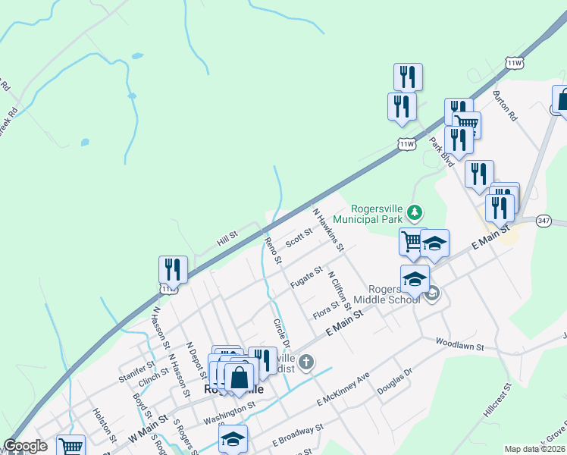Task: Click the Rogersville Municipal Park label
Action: tap(375, 214)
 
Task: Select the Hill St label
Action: tap(227, 239)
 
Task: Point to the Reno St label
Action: tap(273, 250)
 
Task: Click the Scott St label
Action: tap(299, 238)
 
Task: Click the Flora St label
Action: tap(325, 309)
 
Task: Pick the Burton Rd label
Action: tap(504, 107)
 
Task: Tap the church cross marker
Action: tap(305, 362)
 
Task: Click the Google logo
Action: tap(25, 447)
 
